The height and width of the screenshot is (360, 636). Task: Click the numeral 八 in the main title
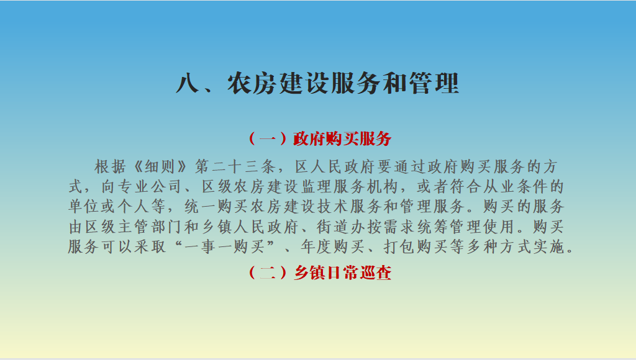coord(188,84)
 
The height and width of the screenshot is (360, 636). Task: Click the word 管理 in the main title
coord(434,84)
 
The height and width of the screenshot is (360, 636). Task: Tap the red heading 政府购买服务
coord(342,138)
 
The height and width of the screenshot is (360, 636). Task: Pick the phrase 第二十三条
coord(235,166)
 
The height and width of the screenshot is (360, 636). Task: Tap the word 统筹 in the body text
coord(433,227)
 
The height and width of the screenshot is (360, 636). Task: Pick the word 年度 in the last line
coord(316,246)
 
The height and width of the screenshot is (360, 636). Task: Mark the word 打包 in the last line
coord(399,246)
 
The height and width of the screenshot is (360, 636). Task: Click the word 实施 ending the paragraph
coord(549,246)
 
